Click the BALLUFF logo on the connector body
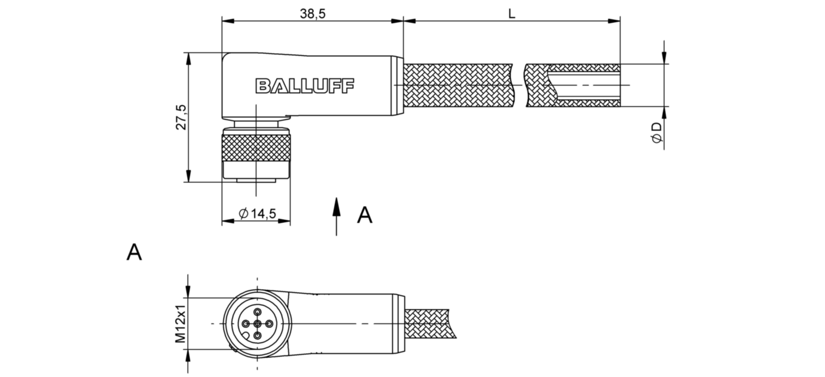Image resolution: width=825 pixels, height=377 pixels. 305,86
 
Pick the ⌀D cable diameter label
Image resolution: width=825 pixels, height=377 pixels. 656,133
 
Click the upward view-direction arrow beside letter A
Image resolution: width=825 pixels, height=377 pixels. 337,215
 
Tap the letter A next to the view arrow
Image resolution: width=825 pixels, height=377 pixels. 365,215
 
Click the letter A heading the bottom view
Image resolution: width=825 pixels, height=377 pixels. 135,252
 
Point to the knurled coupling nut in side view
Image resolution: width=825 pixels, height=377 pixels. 256,149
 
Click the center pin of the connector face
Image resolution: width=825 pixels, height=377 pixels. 257,323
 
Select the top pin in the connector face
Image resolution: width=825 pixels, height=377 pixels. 257,311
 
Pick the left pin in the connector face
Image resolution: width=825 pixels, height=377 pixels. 245,323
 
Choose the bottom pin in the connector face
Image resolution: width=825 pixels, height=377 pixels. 257,336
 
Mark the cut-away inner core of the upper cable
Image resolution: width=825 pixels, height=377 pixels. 589,85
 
